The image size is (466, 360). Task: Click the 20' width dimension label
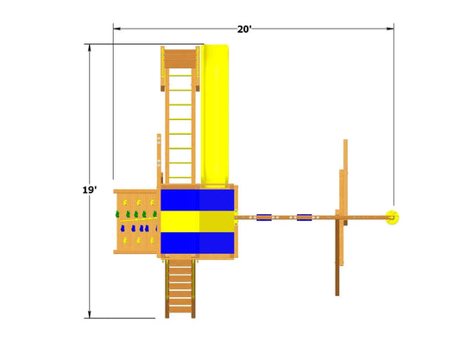pos(244,29)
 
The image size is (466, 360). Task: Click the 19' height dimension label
pos(90,190)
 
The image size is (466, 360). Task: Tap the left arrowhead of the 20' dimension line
pos(116,28)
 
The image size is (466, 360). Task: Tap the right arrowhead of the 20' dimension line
pos(390,28)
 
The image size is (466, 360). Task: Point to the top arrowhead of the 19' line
pos(90,47)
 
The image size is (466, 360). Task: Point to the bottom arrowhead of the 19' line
pos(90,314)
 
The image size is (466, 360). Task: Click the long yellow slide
pos(215,116)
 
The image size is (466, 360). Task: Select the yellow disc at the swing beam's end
pos(392,218)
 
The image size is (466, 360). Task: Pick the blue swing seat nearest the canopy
pos(264,218)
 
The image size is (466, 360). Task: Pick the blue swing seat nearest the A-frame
pos(304,218)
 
